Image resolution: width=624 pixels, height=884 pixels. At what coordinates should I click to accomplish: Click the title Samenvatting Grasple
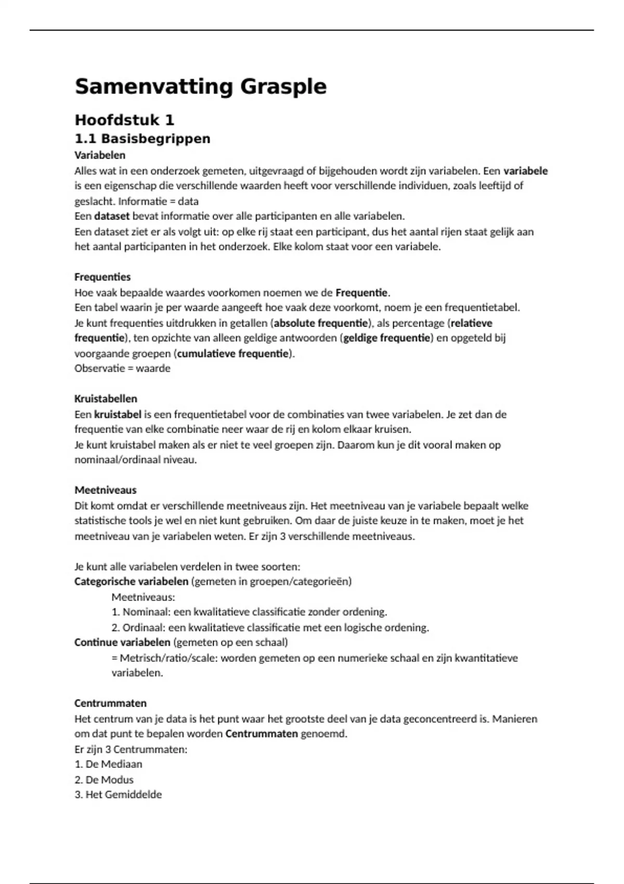pos(200,86)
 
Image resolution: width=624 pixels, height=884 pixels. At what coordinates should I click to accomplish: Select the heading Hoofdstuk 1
pos(124,120)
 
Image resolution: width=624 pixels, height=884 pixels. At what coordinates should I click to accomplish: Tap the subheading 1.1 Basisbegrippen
pos(142,139)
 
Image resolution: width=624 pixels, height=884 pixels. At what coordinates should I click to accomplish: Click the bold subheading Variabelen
pos(100,155)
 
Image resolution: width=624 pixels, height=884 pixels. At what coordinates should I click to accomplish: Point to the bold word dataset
pos(112,216)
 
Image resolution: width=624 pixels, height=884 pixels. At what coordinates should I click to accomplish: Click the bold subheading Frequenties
pos(102,277)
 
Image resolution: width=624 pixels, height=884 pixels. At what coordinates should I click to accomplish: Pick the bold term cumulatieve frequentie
pos(233,354)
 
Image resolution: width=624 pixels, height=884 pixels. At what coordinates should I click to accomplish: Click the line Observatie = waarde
pos(122,368)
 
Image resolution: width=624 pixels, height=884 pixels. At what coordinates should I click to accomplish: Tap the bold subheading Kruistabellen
pos(106,399)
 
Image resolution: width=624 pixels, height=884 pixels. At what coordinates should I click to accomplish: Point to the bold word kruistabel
pos(118,414)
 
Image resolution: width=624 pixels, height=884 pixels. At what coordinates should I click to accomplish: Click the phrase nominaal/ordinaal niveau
pos(135,460)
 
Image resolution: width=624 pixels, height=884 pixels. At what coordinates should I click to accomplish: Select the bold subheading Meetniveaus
pos(106,490)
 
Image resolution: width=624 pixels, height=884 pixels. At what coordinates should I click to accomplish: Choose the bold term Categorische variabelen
pos(131,581)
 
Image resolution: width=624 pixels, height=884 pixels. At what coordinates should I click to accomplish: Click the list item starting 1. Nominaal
pos(249,612)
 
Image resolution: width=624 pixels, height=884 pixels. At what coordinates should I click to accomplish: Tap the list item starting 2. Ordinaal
pos(270,628)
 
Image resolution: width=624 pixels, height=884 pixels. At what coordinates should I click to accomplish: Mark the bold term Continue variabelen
pos(122,642)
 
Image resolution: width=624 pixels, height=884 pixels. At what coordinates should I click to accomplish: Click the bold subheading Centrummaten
pos(110,703)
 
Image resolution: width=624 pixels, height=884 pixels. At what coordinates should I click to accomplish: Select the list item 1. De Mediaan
pos(108,764)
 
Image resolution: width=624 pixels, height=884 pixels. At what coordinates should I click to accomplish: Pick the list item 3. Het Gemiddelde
pos(118,795)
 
